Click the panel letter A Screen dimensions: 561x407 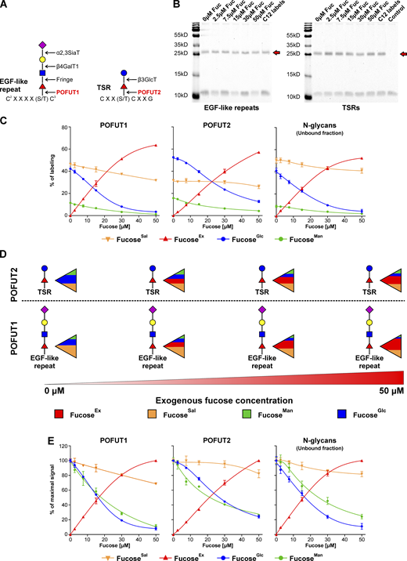coord(6,7)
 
